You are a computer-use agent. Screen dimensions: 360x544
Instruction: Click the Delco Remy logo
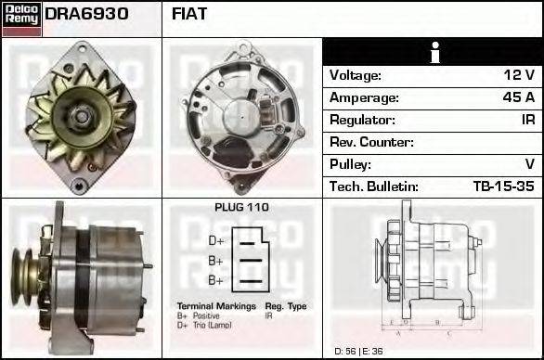pos(21,18)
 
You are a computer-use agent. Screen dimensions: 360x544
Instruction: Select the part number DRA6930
pos(86,14)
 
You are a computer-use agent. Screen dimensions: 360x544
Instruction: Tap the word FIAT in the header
pos(189,14)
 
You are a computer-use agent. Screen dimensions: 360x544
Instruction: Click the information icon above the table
pos(434,52)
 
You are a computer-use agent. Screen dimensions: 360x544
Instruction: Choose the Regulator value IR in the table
pos(525,120)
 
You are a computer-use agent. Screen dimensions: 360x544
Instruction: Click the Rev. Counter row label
pos(371,142)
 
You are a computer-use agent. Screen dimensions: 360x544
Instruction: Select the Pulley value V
pos(529,164)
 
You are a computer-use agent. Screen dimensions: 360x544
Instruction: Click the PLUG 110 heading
pos(241,208)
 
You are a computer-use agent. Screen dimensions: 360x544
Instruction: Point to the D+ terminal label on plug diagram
pos(216,239)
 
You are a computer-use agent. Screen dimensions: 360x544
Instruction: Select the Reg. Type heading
pos(286,306)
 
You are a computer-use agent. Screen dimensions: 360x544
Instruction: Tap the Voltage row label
pos(356,75)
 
